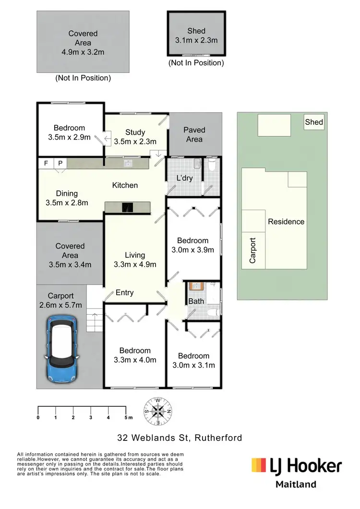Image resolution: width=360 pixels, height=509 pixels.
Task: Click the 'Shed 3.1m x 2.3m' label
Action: pos(196,36)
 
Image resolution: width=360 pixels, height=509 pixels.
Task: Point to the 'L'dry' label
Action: pos(184,178)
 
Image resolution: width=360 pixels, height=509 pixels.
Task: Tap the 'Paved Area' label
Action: pos(194,134)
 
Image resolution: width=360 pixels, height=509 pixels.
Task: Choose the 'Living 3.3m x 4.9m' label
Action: pos(135,260)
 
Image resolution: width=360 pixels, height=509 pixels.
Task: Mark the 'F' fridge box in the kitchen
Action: pos(46,163)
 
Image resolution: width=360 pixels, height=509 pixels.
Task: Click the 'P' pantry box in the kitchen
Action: pos(60,163)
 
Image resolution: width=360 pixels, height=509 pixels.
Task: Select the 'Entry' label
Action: pos(125,293)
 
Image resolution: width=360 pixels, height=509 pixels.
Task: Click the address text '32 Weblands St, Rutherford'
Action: pos(180,438)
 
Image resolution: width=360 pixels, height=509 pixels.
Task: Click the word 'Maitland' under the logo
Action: pos(296,484)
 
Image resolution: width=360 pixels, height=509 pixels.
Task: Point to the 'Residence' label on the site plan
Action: pos(286,222)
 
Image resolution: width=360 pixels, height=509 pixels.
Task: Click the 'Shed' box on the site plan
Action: pos(314,122)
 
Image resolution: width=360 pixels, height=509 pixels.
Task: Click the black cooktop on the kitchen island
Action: pos(127,207)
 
